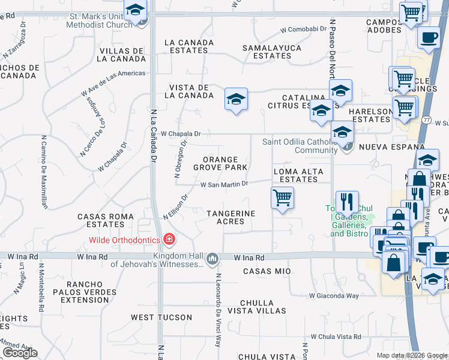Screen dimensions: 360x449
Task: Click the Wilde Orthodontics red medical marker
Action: click(169, 240)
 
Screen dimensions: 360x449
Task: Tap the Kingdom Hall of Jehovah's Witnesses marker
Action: click(212, 259)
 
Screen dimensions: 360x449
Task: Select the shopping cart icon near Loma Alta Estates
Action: click(282, 199)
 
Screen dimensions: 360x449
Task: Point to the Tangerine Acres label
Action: click(231, 217)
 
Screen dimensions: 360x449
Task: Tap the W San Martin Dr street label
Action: click(224, 185)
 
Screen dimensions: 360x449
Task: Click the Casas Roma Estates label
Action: click(101, 220)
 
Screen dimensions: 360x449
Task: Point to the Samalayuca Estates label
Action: click(267, 52)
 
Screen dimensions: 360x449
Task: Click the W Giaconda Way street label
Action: click(334, 295)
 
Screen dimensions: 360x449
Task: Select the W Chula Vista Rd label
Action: click(336, 337)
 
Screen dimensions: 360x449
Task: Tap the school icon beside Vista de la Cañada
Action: click(236, 99)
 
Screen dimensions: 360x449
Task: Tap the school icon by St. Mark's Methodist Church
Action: click(136, 11)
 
